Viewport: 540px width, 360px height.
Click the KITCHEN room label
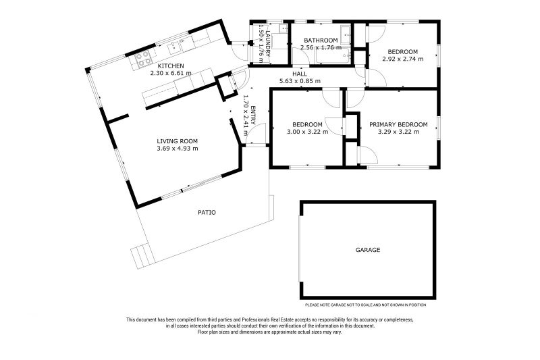(x=171, y=66)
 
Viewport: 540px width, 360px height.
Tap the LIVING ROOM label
(x=177, y=141)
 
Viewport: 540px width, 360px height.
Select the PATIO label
(x=207, y=213)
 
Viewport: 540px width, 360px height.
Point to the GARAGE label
(x=368, y=250)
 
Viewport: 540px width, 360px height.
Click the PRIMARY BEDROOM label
(x=398, y=125)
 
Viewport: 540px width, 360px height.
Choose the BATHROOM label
(x=321, y=41)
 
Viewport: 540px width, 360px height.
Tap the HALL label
(x=300, y=74)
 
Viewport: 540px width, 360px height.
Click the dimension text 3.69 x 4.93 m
(x=177, y=149)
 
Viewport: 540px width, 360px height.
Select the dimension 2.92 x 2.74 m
(x=402, y=59)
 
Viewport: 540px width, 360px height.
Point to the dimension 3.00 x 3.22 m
(x=307, y=132)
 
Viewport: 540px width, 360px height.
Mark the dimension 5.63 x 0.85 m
(x=300, y=81)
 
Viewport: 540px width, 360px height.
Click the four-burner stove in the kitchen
(x=143, y=58)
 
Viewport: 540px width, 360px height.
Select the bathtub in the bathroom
(x=333, y=56)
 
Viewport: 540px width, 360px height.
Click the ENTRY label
(x=253, y=115)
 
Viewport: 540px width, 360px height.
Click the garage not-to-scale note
(x=365, y=305)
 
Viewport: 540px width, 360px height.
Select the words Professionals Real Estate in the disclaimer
(x=263, y=319)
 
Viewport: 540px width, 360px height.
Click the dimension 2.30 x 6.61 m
(x=171, y=73)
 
